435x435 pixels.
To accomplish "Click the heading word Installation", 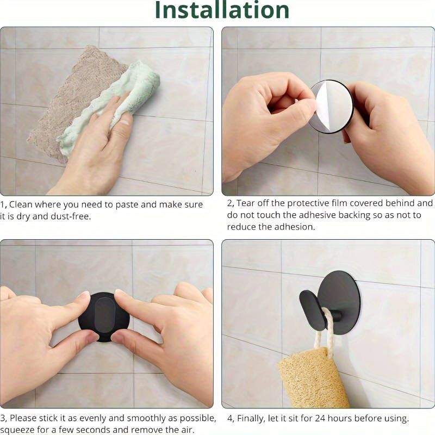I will pos(222,10).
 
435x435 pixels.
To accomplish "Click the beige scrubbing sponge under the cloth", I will pos(65,103).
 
